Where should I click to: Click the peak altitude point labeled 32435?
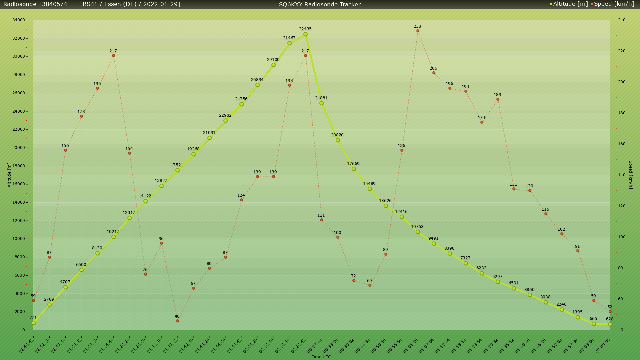coord(305,34)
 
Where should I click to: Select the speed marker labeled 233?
coord(418,31)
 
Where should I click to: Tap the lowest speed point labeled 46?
coord(177,321)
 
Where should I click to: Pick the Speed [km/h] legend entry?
coord(614,4)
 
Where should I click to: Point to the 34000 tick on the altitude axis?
coord(19,20)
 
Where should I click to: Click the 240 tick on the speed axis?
coord(622,20)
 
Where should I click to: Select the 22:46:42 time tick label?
coord(26,346)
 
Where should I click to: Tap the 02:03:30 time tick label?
coord(603,346)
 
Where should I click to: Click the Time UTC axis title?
coord(321,357)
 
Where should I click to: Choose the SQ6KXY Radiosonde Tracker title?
coord(320,4)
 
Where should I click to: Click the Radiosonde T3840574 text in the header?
coord(35,4)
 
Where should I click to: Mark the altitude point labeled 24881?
coord(321,103)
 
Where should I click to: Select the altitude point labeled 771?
coord(33,323)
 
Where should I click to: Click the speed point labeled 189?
coord(498,99)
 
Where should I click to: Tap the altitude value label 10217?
coord(113,232)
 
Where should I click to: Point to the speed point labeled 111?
coord(321,220)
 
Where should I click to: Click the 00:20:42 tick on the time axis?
coord(298,346)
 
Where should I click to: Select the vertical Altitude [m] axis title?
coord(9,175)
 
